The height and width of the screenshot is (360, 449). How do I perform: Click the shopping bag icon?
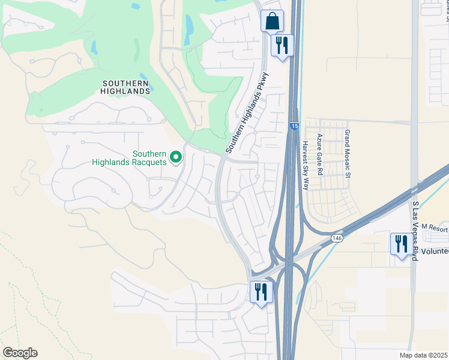coord(272,21)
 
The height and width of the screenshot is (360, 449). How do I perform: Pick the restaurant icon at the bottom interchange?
coord(261,292)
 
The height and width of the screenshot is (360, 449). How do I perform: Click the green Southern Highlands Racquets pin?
coord(176,157)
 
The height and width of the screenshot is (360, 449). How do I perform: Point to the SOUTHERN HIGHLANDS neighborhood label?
coord(125,87)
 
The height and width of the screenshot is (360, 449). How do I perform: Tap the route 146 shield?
coord(337,238)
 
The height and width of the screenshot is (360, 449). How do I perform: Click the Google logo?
coord(20,353)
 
